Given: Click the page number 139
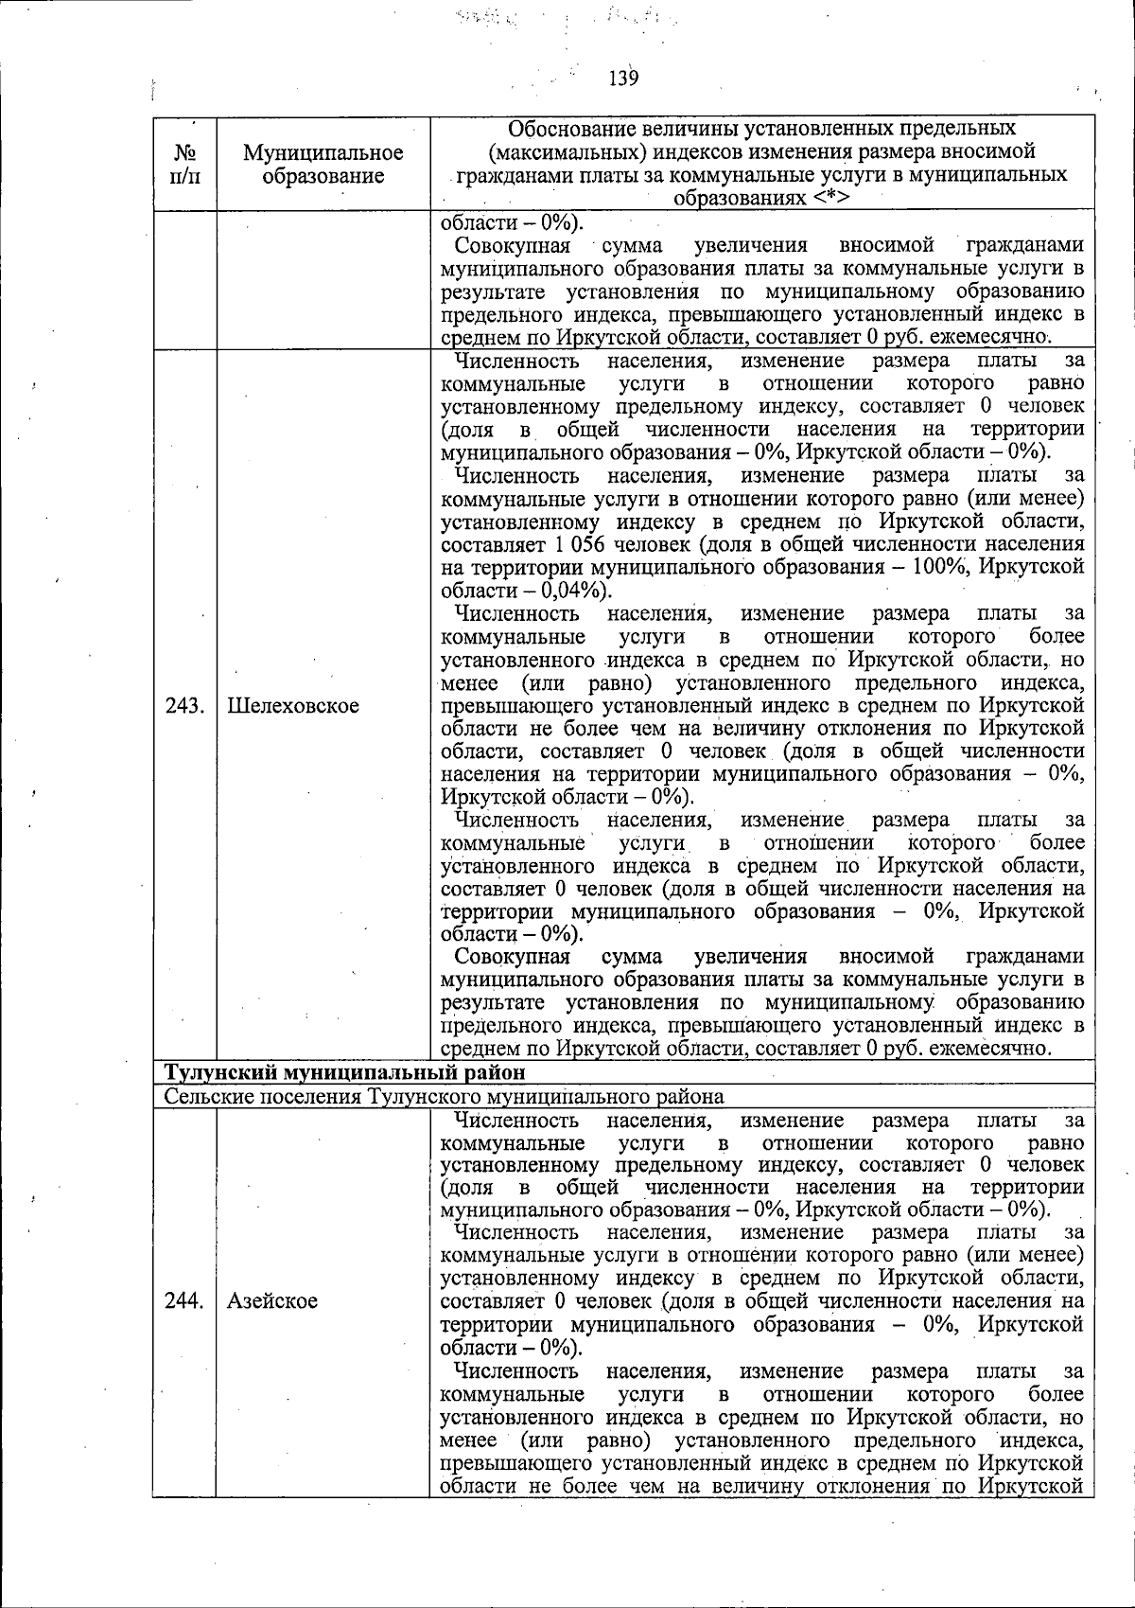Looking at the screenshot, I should (623, 79).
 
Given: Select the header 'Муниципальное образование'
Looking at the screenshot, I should (323, 164).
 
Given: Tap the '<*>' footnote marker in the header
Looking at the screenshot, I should (829, 198).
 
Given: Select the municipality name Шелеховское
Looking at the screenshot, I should (293, 705).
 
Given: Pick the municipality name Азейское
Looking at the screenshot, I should (271, 1300).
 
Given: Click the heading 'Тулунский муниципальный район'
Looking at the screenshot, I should (344, 1072).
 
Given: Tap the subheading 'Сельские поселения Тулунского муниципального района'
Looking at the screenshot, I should (444, 1096).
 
